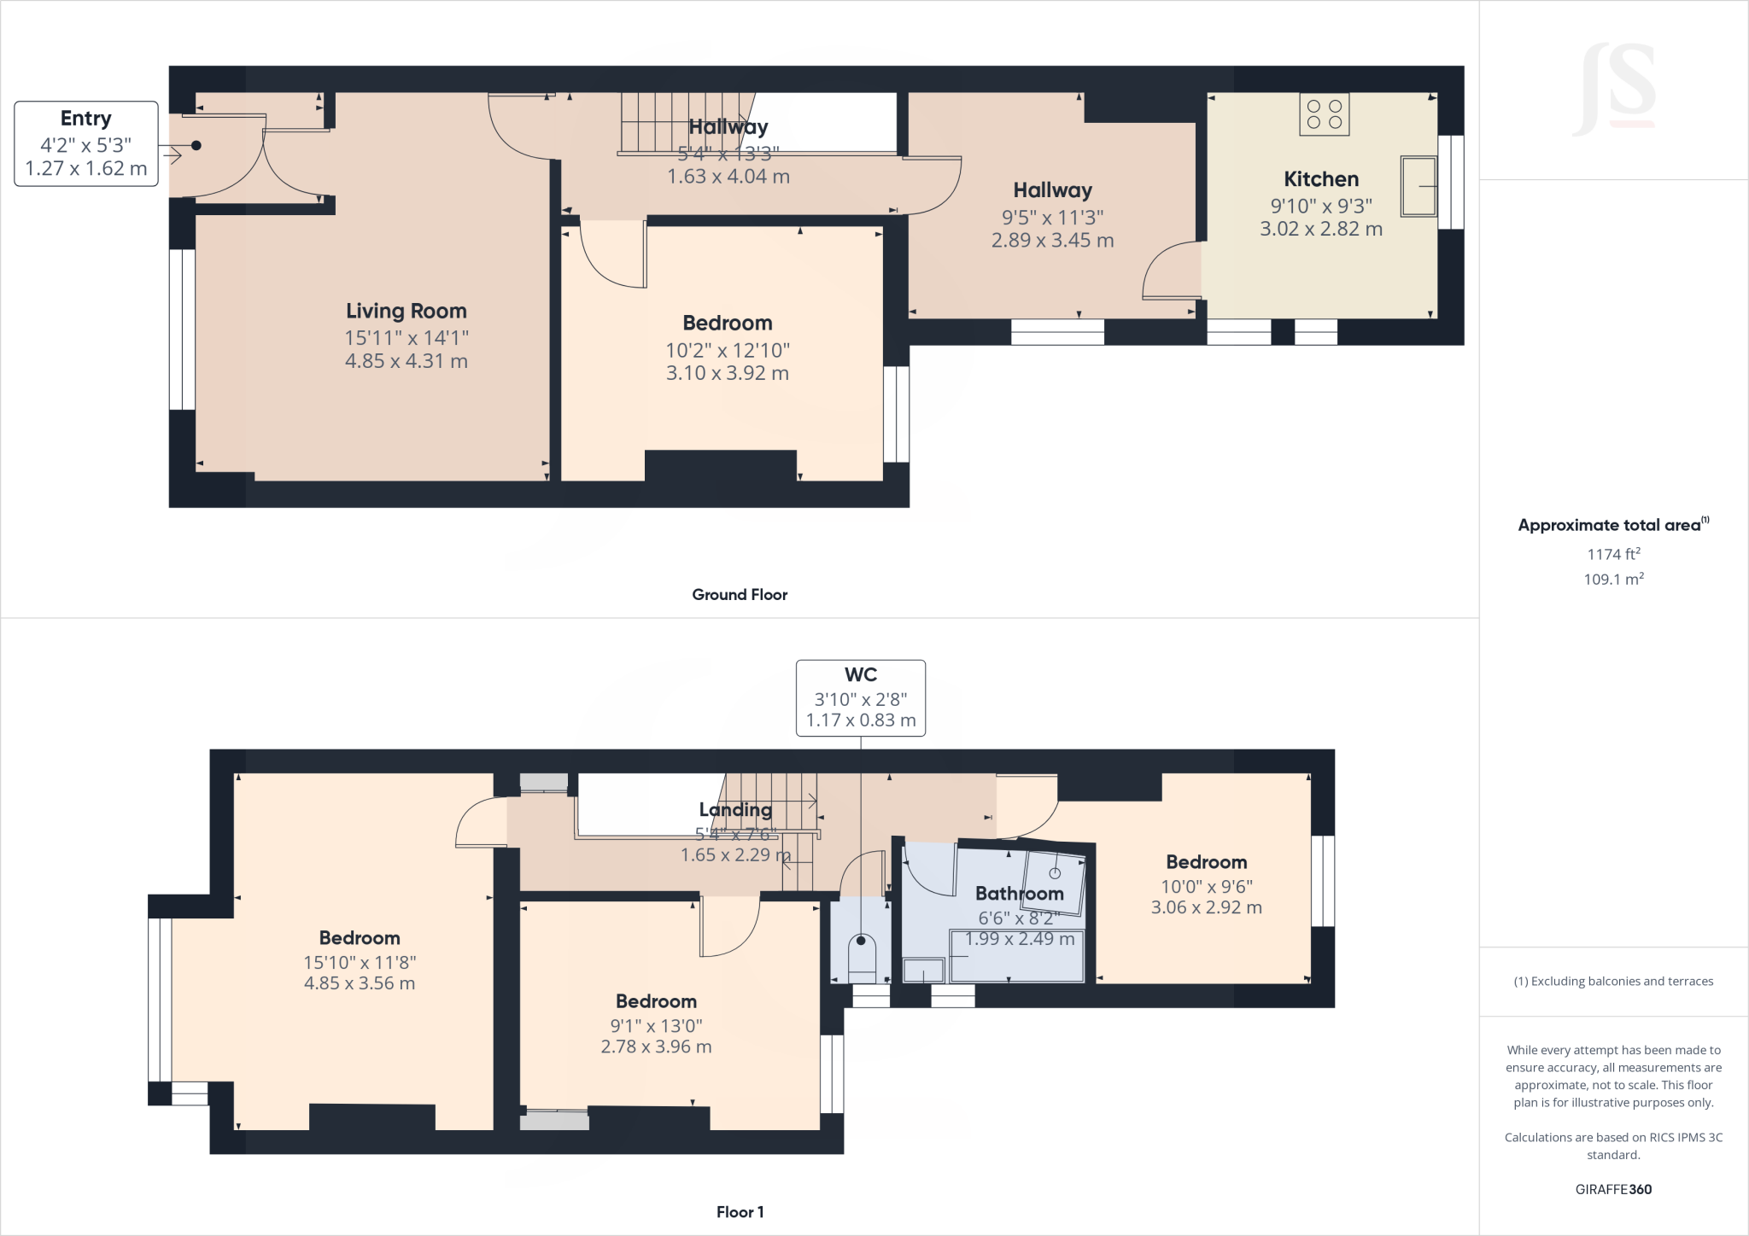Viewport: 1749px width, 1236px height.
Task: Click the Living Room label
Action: pyautogui.click(x=406, y=312)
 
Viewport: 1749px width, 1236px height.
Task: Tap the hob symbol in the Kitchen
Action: pyautogui.click(x=1324, y=114)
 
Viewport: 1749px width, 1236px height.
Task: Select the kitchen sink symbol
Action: pyautogui.click(x=1419, y=185)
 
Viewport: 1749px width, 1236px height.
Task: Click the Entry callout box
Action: pyautogui.click(x=86, y=143)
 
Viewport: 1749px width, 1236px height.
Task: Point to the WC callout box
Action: pyautogui.click(x=860, y=697)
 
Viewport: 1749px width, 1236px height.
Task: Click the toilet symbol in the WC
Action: pyautogui.click(x=861, y=956)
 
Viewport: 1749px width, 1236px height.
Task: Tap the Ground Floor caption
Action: pyautogui.click(x=739, y=595)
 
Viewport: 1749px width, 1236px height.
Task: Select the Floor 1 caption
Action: pyautogui.click(x=740, y=1212)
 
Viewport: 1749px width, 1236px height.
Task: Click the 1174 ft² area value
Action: pyautogui.click(x=1613, y=554)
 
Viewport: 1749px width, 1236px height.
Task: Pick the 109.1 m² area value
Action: pyautogui.click(x=1613, y=579)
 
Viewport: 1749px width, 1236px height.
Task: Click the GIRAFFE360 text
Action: pyautogui.click(x=1613, y=1189)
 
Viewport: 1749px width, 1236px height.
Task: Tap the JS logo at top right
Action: pyautogui.click(x=1613, y=90)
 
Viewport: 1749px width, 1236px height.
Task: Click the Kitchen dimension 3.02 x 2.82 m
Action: pyautogui.click(x=1320, y=229)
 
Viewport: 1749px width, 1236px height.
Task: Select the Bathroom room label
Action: pyautogui.click(x=1019, y=894)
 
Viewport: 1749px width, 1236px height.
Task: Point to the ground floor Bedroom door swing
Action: pyautogui.click(x=611, y=254)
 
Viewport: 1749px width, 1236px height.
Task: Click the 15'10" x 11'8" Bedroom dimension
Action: pyautogui.click(x=360, y=962)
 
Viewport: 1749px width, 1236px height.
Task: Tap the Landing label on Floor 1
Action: pyautogui.click(x=734, y=809)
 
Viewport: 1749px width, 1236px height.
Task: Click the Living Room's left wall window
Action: pyautogui.click(x=182, y=329)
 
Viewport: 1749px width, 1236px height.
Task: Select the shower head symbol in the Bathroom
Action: pyautogui.click(x=1055, y=873)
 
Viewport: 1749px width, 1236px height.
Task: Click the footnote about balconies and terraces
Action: pyautogui.click(x=1613, y=982)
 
